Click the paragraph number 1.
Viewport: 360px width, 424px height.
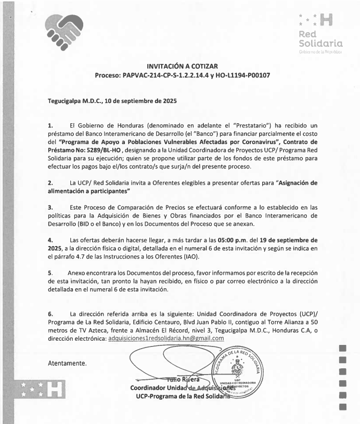(x=50, y=126)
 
